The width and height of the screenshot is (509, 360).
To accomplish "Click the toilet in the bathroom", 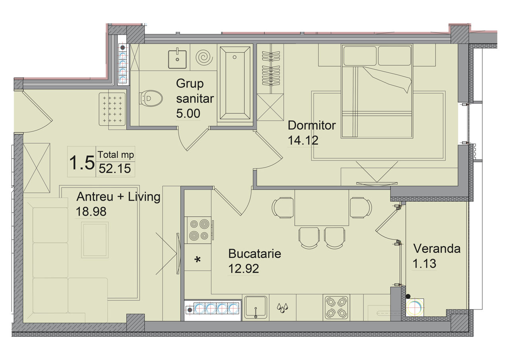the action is click(151, 98).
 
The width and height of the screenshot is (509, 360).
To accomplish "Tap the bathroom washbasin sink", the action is click(177, 59).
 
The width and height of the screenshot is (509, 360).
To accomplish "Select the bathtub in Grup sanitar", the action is click(235, 83).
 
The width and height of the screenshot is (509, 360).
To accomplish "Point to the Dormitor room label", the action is click(311, 125).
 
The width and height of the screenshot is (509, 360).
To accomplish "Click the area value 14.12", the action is click(303, 140).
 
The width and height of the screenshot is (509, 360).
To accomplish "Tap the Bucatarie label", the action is click(254, 254).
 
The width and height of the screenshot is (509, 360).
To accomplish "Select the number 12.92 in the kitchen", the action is click(243, 269).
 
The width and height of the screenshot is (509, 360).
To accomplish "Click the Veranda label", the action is click(437, 249).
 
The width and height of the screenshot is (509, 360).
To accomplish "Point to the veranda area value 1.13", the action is click(424, 264).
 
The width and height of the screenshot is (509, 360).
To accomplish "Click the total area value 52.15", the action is click(115, 169).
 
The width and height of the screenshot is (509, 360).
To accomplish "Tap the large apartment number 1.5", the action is click(82, 163).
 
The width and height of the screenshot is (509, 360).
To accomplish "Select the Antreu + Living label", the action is click(119, 197).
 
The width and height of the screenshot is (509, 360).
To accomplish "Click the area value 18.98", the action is click(91, 212).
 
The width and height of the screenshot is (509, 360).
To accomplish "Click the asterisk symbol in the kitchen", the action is click(198, 260).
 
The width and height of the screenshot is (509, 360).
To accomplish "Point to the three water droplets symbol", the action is click(282, 308).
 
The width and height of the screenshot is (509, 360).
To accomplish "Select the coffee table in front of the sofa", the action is click(95, 240).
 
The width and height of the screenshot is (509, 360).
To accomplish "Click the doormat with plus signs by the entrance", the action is click(112, 109).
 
